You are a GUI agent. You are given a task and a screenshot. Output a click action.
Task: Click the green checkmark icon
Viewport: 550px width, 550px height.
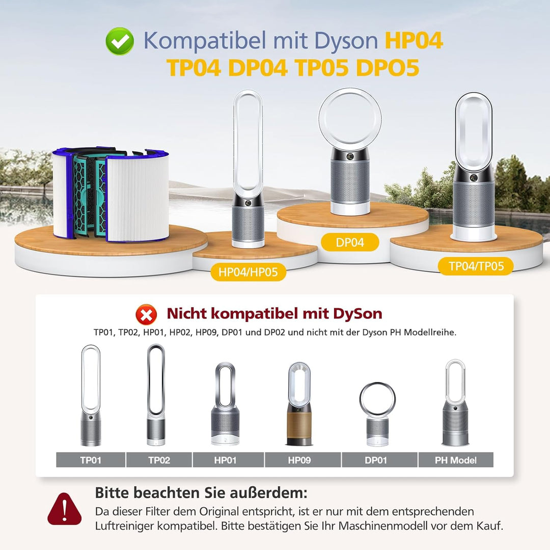click(120, 41)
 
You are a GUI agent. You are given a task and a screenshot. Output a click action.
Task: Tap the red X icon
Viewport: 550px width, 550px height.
click(146, 314)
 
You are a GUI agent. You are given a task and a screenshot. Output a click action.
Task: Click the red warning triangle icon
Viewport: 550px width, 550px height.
click(65, 509)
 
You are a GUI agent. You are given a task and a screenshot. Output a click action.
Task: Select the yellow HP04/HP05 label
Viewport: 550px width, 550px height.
click(248, 272)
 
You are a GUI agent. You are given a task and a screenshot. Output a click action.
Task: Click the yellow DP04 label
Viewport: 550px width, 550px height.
click(350, 242)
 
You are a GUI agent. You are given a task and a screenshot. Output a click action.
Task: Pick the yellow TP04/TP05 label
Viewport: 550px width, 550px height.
click(476, 266)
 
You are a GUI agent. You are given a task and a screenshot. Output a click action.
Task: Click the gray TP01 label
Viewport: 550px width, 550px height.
click(90, 460)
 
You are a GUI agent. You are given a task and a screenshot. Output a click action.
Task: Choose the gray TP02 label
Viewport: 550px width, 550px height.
click(159, 460)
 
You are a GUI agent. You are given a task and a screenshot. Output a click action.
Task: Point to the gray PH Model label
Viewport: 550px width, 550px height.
click(456, 460)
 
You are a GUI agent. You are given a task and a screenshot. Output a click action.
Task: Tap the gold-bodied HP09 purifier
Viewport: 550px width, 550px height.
click(299, 405)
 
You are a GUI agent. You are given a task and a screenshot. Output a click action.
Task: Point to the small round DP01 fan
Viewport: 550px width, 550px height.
click(377, 414)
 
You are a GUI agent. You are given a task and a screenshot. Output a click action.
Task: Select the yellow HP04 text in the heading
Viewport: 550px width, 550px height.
click(414, 41)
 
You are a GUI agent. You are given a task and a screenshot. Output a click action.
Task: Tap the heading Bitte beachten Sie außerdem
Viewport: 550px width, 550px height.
click(201, 492)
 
